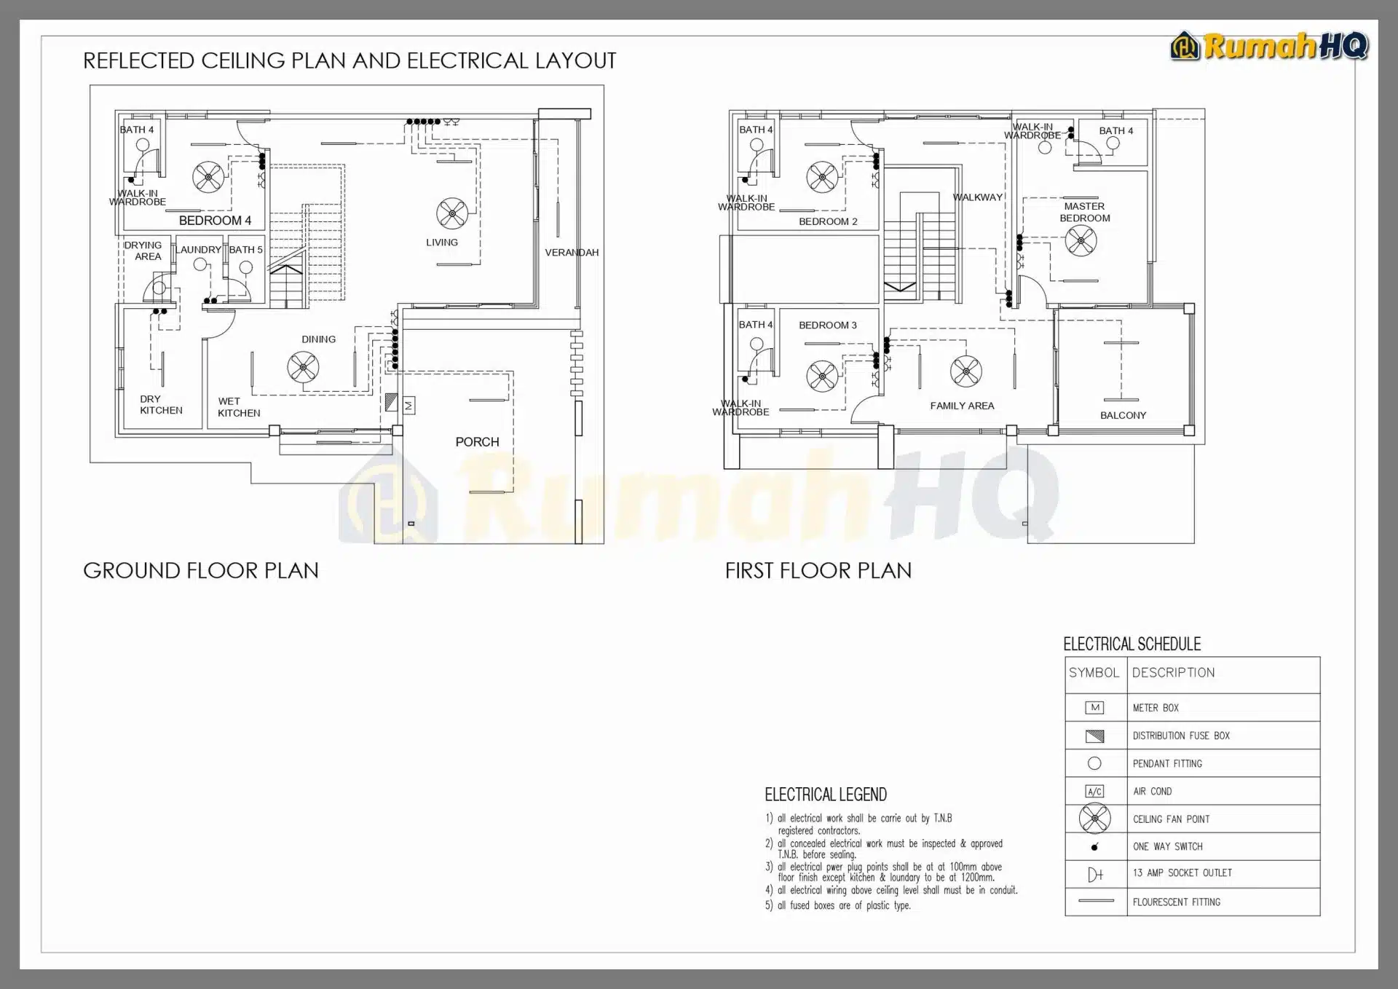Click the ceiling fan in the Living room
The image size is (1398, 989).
pos(452,213)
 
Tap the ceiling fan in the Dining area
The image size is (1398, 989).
pos(303,367)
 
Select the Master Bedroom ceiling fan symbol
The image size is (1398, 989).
pos(1081,240)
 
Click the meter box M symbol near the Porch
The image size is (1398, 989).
pos(408,406)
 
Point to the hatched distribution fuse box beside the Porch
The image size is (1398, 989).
pos(392,401)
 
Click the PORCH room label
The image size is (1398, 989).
pos(477,442)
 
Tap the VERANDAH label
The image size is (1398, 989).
pos(572,253)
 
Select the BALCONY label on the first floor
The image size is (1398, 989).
pos(1123,415)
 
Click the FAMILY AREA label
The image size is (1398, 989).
pos(962,406)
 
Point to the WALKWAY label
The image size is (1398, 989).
pos(978,197)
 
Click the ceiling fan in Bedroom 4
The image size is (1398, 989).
pos(208,176)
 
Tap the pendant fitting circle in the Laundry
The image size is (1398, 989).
pos(200,265)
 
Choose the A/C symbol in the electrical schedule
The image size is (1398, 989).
pos(1094,792)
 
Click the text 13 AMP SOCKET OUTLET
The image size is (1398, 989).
pos(1182,873)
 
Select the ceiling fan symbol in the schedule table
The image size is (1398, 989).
pos(1094,819)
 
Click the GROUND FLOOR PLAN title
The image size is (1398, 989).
pos(201,570)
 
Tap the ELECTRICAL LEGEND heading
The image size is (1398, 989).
pos(826,795)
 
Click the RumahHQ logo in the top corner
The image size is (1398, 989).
pos(1269,47)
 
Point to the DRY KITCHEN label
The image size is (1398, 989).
pos(161,405)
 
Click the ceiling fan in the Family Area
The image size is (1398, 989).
pos(965,371)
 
